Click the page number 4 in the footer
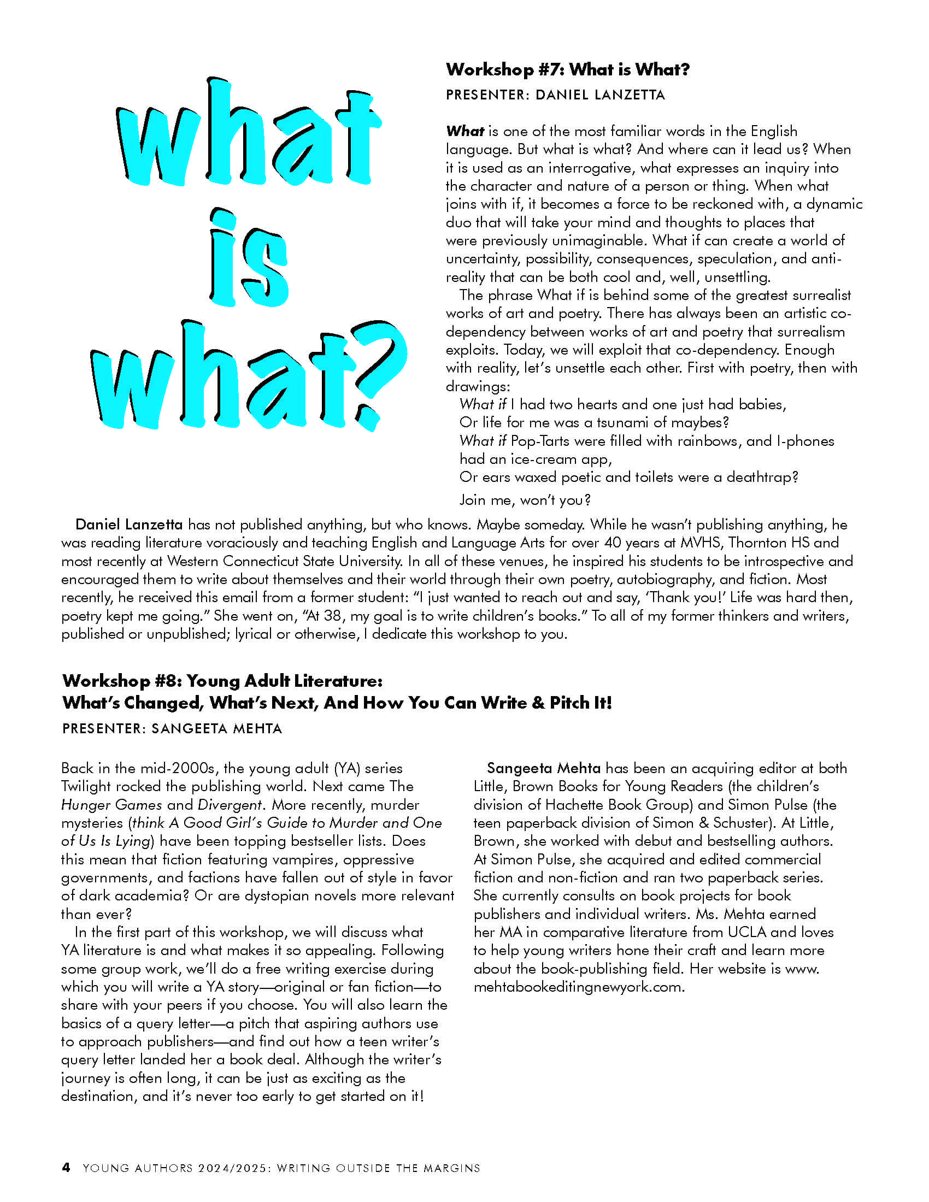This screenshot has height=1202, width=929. coord(66,1168)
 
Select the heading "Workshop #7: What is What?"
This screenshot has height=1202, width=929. coord(567,69)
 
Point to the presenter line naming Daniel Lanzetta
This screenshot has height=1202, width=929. coord(555,95)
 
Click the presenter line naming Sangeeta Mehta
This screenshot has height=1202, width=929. coord(172,729)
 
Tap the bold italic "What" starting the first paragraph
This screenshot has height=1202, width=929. coord(465,132)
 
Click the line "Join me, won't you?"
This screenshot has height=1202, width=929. coord(525,500)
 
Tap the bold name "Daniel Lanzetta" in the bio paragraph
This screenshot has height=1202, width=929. coord(129,525)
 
